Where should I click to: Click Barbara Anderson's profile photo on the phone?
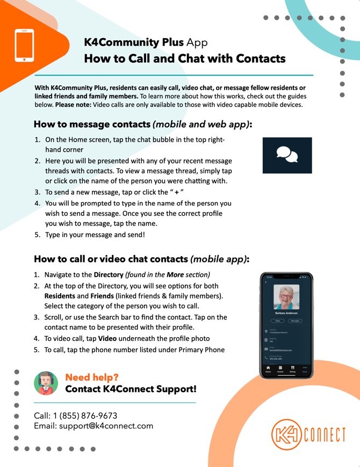click(x=286, y=296)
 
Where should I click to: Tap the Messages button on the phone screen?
click(x=294, y=320)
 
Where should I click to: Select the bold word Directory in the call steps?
click(x=109, y=275)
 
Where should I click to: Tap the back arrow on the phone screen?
click(x=265, y=282)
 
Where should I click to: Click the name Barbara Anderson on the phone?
click(x=286, y=312)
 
